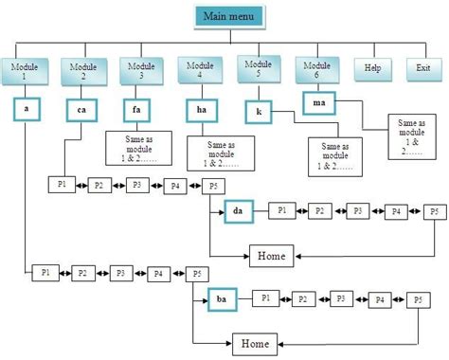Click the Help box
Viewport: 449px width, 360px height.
pos(372,69)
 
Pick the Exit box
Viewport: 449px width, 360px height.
pos(422,69)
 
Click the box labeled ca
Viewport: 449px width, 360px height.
pos(81,111)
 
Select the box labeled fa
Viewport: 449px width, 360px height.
pos(138,110)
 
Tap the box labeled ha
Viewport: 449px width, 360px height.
pos(201,111)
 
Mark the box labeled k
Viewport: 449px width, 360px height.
pos(259,111)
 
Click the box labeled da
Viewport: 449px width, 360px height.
pos(240,211)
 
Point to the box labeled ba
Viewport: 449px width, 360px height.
pos(223,299)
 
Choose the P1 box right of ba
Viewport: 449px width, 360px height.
pos(267,298)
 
